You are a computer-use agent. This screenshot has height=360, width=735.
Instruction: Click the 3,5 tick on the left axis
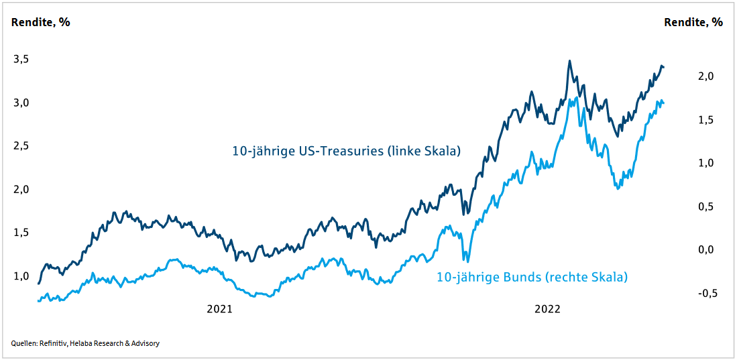22,59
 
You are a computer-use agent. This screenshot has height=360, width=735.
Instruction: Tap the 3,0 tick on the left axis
22,103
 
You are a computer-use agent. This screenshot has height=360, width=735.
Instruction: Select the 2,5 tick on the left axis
22,145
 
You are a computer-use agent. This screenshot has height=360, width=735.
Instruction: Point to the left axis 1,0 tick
22,276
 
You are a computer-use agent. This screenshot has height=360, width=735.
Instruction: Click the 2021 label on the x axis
219,309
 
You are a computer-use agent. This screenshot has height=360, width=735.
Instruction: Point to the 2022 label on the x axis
547,309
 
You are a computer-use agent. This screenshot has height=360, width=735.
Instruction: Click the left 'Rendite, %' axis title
41,22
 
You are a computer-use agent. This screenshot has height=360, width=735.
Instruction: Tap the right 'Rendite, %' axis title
693,22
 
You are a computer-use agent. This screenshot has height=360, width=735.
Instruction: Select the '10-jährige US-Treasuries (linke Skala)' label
346,151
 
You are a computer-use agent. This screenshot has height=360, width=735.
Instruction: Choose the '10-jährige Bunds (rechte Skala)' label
532,276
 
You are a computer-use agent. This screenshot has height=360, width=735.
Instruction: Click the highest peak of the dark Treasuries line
569,61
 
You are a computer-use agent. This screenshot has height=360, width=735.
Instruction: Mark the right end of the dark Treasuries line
664,66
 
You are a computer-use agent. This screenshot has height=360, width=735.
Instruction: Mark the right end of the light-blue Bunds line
664,103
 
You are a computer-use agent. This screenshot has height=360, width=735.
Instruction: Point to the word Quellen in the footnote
23,343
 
